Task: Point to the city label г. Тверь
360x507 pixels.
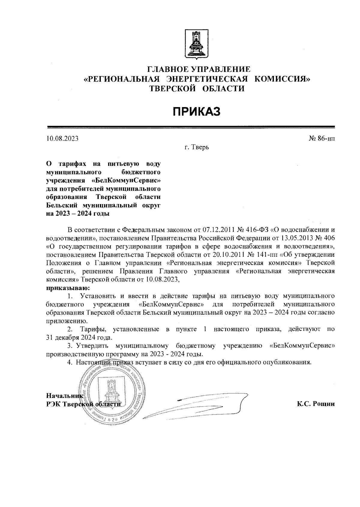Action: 197,148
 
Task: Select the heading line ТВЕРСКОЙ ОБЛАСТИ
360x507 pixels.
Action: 197,88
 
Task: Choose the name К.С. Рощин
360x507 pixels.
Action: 316,404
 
